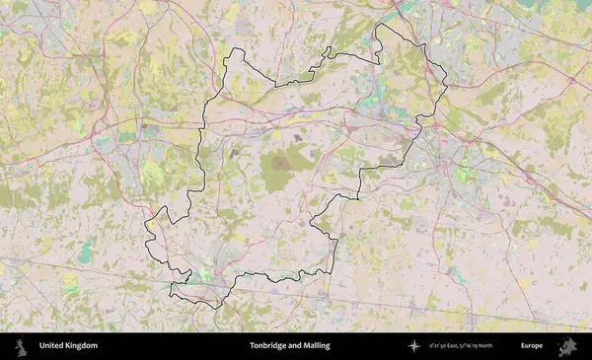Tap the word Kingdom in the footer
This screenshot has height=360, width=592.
point(82,346)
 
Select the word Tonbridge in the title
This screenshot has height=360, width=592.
point(267,346)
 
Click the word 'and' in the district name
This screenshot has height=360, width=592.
point(294,346)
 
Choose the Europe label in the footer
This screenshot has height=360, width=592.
point(532,346)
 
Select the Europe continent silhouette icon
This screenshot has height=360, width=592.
point(567,346)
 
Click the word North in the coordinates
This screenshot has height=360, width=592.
point(508,346)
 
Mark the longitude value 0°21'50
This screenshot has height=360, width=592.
point(439,346)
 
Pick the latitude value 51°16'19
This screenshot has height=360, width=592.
point(484,346)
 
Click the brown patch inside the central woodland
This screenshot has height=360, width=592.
point(282,162)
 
